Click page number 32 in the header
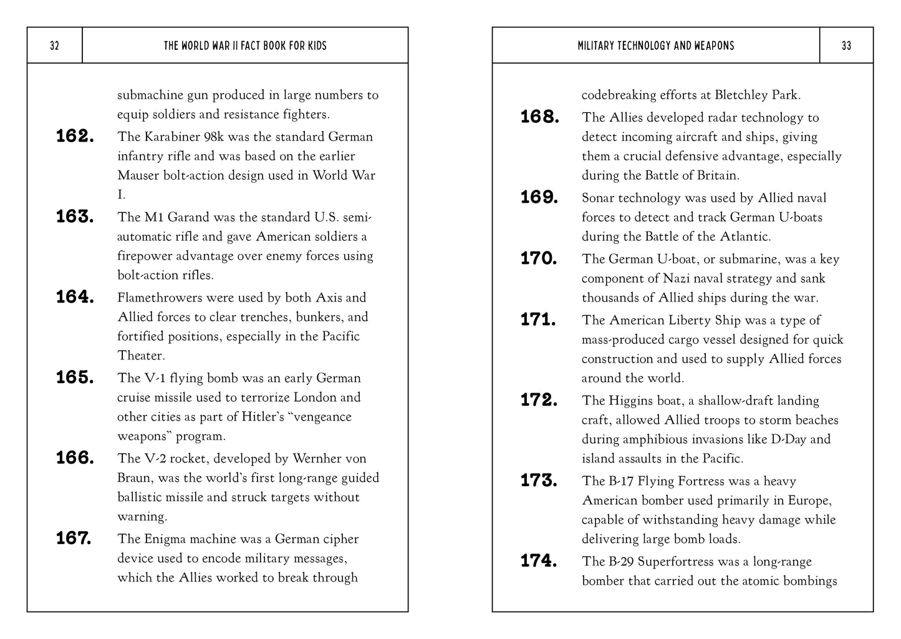[x=54, y=46]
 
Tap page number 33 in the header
[x=846, y=46]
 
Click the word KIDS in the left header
[x=316, y=46]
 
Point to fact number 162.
[x=75, y=136]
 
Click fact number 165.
[x=75, y=378]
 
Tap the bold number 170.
[x=539, y=258]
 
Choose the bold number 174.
[x=539, y=561]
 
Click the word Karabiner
[x=173, y=137]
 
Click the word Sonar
[x=599, y=198]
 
